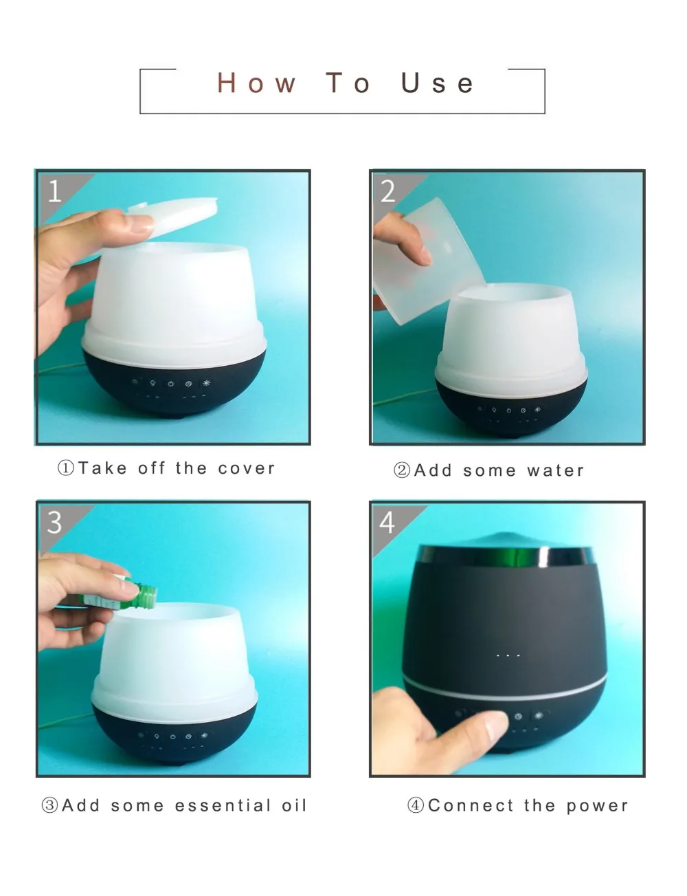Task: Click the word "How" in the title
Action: pyautogui.click(x=256, y=83)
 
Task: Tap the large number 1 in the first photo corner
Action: pyautogui.click(x=55, y=191)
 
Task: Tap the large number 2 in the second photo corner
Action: pyautogui.click(x=387, y=191)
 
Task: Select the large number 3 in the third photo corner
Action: pyautogui.click(x=54, y=523)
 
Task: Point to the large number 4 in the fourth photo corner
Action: pyautogui.click(x=387, y=523)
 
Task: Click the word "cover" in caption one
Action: pyautogui.click(x=247, y=468)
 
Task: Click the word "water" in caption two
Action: pyautogui.click(x=556, y=470)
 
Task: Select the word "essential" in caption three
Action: pyautogui.click(x=222, y=805)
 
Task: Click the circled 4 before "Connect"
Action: pyautogui.click(x=416, y=805)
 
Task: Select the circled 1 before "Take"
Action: pyautogui.click(x=65, y=468)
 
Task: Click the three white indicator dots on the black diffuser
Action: pyautogui.click(x=508, y=655)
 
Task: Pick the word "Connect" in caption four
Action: pyautogui.click(x=471, y=805)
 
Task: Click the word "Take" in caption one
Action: pyautogui.click(x=102, y=468)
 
